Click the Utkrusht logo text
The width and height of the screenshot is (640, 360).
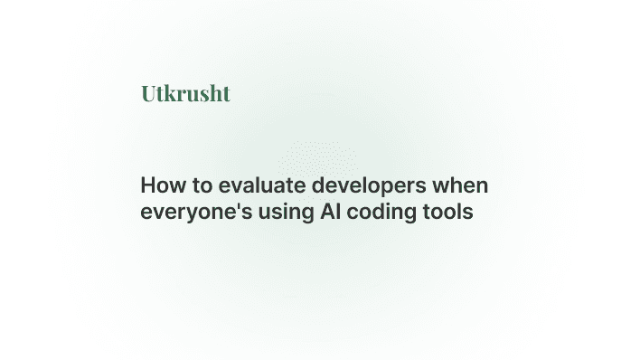coord(185,93)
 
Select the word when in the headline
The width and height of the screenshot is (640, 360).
coord(464,187)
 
